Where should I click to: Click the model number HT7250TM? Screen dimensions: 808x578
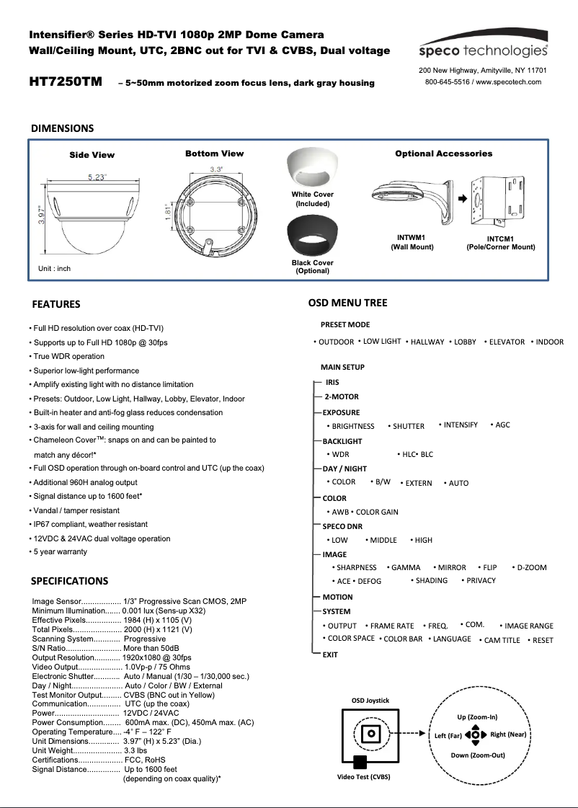coord(65,81)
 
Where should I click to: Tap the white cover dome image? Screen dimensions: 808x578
coord(312,169)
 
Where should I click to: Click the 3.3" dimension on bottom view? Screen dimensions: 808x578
coord(215,169)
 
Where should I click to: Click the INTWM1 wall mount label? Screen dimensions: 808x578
coord(412,237)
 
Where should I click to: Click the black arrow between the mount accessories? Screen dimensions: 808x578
coord(461,197)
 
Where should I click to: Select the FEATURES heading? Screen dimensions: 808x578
coord(55,304)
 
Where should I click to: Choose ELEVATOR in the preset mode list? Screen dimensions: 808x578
coord(507,342)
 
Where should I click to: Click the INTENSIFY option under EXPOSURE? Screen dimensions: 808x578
coord(461,425)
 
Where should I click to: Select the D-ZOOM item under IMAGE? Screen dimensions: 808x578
coord(531,567)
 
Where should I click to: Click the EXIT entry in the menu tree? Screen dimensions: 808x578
coord(330,654)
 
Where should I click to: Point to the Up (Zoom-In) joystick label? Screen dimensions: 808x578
coord(477,717)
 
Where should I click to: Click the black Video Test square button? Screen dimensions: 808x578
coord(359,763)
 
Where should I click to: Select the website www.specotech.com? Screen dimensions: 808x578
coord(508,82)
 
